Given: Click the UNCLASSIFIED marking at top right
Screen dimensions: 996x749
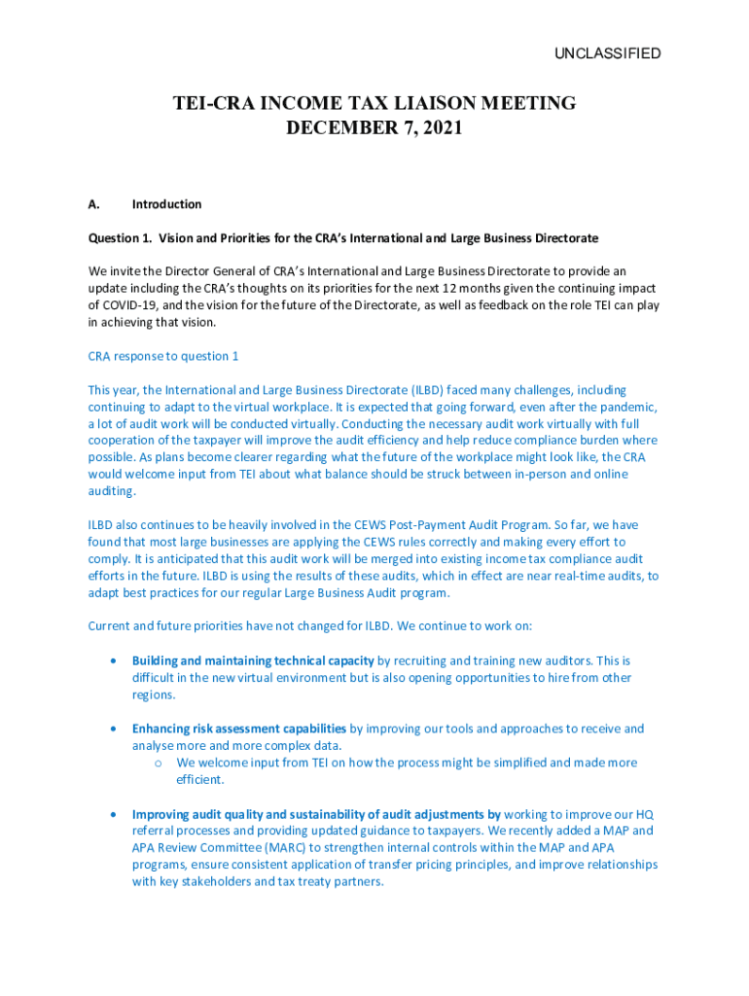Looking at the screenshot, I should [x=607, y=53].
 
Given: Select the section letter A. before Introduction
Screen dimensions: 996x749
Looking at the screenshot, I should [x=94, y=204].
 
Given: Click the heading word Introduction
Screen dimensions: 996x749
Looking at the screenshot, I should [x=166, y=204].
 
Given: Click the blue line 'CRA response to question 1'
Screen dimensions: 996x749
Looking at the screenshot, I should [x=162, y=356].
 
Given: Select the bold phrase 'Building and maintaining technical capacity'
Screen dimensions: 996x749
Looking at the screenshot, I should [x=253, y=660].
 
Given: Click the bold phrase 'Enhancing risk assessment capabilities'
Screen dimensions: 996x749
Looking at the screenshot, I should [x=239, y=729].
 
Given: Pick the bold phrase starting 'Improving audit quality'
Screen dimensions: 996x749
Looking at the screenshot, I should [x=316, y=814].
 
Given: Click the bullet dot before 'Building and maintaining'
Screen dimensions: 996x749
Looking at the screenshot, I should [x=116, y=660].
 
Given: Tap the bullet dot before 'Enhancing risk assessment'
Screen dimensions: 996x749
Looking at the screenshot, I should [x=116, y=729].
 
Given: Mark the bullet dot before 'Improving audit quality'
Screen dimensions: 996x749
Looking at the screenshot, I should [x=116, y=814].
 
